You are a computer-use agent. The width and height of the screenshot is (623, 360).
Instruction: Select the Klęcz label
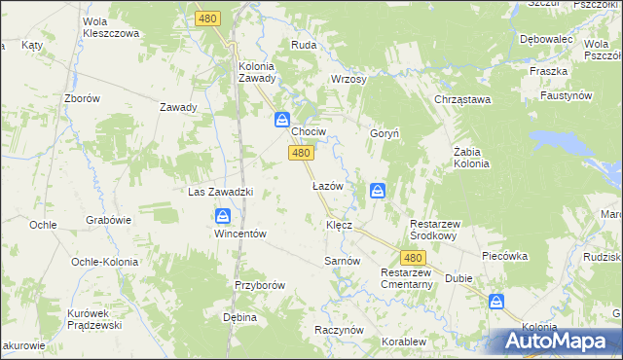[x=339, y=224]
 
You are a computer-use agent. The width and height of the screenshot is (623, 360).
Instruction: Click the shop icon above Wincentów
[x=224, y=216]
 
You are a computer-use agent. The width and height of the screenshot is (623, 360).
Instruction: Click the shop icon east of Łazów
[x=378, y=191]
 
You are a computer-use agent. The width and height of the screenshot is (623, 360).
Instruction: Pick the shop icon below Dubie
[x=496, y=302]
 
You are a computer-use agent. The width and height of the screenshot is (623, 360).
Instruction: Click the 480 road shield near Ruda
[x=207, y=18]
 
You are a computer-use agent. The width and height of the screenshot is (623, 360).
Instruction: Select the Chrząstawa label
[x=462, y=99]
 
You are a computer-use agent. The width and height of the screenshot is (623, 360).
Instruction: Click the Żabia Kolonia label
[x=471, y=158]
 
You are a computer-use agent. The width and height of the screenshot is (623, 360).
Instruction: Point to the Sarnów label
[x=342, y=262]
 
